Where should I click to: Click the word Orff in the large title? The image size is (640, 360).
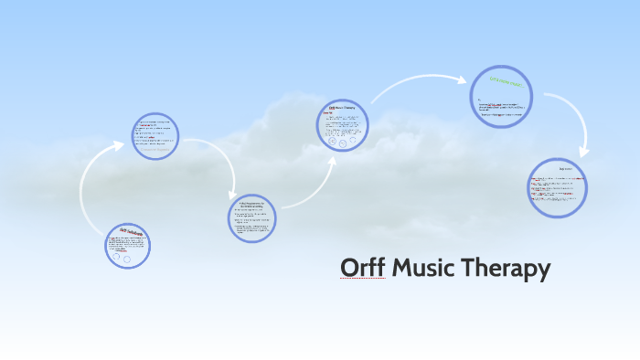pyautogui.click(x=362, y=268)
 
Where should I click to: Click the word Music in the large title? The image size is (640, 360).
pyautogui.click(x=423, y=268)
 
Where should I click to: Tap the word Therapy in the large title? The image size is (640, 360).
pyautogui.click(x=506, y=268)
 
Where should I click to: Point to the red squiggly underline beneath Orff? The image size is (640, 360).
pyautogui.click(x=362, y=279)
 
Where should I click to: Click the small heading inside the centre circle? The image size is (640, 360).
pyautogui.click(x=342, y=109)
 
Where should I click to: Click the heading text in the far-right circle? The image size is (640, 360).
pyautogui.click(x=558, y=170)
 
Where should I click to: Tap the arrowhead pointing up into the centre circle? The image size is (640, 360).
pyautogui.click(x=331, y=161)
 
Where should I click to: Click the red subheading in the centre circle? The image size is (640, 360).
pyautogui.click(x=327, y=114)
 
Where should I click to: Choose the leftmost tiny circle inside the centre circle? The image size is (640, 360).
pyautogui.click(x=330, y=142)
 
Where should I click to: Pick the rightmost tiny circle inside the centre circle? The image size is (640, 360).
pyautogui.click(x=353, y=143)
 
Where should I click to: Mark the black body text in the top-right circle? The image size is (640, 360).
pyautogui.click(x=501, y=109)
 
